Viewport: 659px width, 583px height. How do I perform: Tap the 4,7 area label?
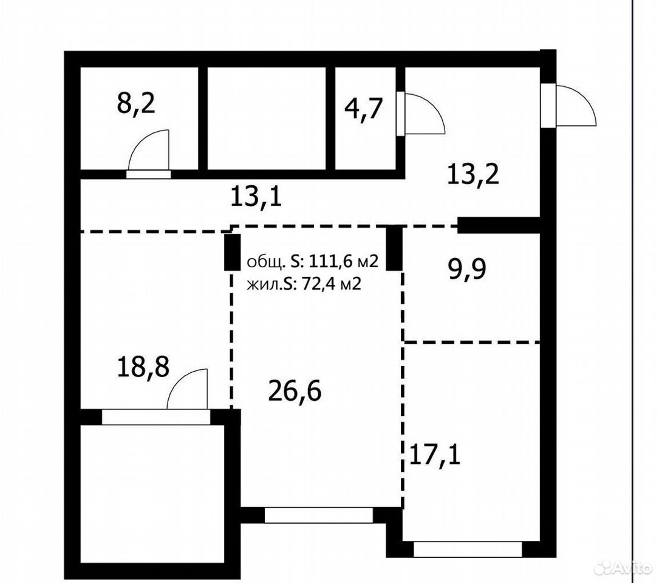tap(364, 108)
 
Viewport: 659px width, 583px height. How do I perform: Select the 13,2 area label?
tap(473, 174)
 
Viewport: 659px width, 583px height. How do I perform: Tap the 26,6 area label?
tap(295, 391)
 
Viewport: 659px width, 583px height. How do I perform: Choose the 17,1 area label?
tap(434, 455)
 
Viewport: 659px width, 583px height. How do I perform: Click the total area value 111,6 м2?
tap(344, 262)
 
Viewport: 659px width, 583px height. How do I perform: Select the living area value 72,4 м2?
tap(331, 285)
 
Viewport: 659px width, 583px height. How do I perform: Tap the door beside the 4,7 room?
tap(420, 114)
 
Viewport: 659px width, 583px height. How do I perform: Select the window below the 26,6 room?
tap(319, 516)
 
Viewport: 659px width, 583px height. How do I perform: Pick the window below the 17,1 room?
tap(468, 550)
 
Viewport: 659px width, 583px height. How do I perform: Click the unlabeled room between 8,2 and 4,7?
tap(267, 118)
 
